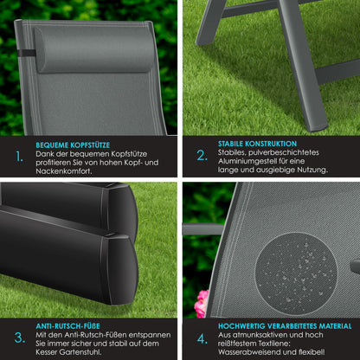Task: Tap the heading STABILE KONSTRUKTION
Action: click(257, 144)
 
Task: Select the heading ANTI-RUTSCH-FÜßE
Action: click(68, 325)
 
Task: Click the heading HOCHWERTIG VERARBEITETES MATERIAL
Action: click(285, 325)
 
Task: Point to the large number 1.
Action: click(18, 157)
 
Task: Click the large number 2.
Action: click(201, 157)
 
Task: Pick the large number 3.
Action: click(19, 337)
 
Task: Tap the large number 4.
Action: click(201, 337)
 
